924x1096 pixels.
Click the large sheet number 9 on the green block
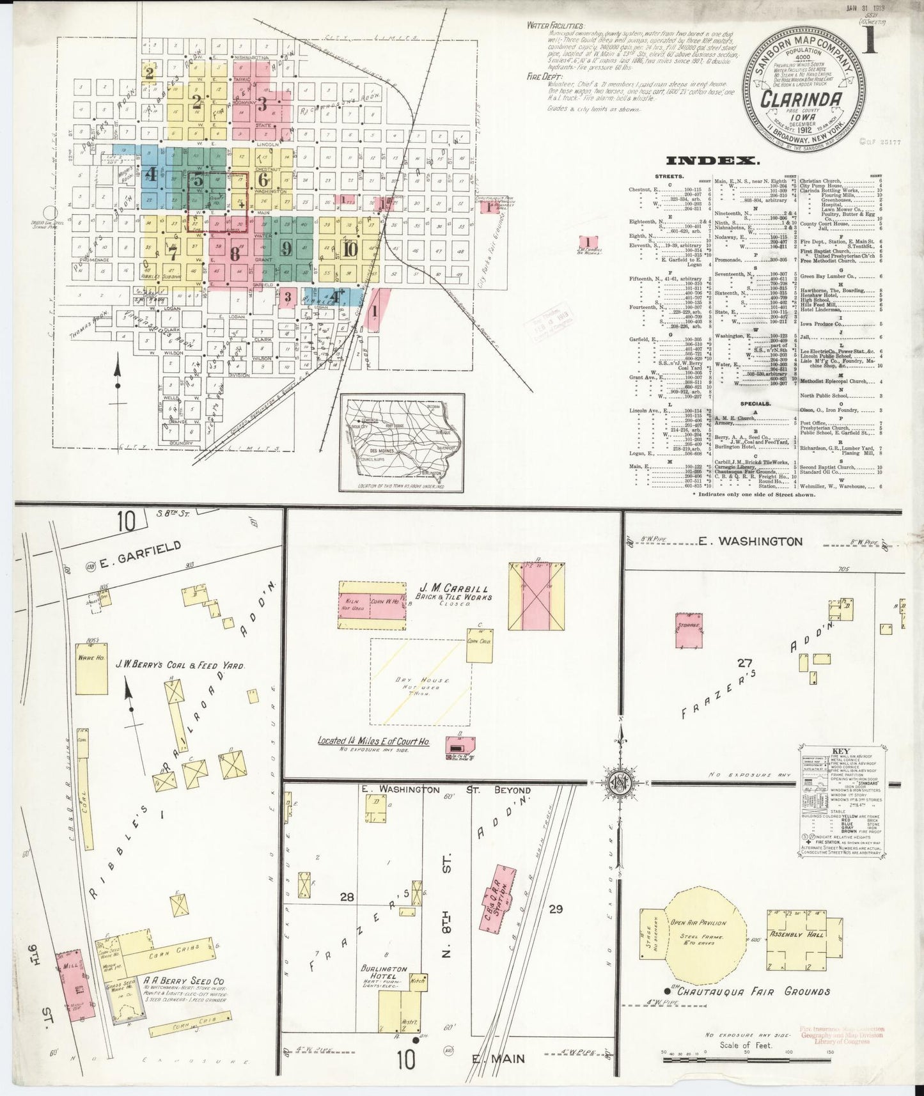286,249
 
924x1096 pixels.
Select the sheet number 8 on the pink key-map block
235,253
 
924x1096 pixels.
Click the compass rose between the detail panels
618,782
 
